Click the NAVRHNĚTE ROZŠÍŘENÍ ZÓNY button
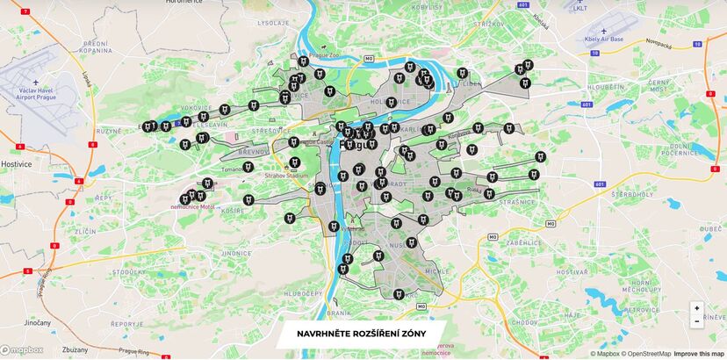(362, 335)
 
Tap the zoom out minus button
(696, 321)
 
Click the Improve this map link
(699, 354)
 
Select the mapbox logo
(21, 349)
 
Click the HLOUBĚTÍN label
(606, 88)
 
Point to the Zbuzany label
(74, 349)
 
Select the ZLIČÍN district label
(86, 229)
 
